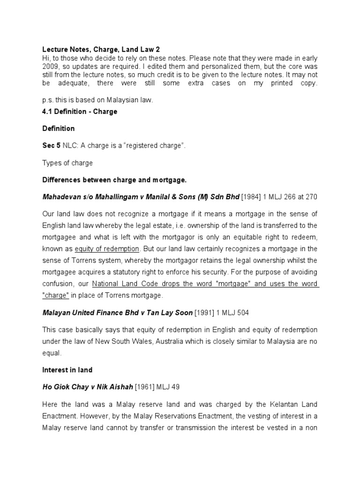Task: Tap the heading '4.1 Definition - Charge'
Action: pos(80,112)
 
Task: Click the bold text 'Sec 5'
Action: pos(51,146)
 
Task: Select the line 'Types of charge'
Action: pos(67,163)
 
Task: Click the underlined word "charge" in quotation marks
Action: pos(56,295)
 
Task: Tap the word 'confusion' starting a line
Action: pos(58,284)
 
